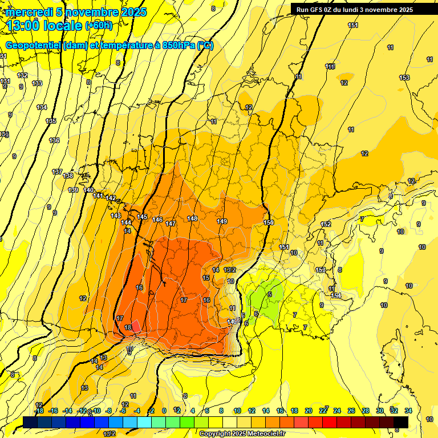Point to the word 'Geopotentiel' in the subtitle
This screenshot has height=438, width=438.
click(x=33, y=46)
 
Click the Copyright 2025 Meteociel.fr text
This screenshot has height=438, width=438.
click(x=242, y=433)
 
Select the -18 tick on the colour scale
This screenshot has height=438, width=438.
click(x=39, y=411)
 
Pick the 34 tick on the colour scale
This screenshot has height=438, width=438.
click(x=408, y=411)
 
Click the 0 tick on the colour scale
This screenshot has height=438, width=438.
click(x=164, y=411)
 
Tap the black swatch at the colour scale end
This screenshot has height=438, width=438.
click(x=400, y=422)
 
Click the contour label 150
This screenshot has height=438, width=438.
click(x=269, y=222)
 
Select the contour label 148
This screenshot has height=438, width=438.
click(x=192, y=218)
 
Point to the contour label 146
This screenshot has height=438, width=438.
click(x=157, y=220)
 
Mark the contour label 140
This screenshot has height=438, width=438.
click(x=88, y=190)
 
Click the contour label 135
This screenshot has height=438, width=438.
click(x=51, y=121)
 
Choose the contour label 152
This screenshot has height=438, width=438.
click(x=326, y=224)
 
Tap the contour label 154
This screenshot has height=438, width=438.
click(x=336, y=295)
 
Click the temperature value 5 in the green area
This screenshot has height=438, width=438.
click(x=269, y=294)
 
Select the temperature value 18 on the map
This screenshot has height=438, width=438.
click(x=128, y=327)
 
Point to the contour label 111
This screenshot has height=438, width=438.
click(x=330, y=67)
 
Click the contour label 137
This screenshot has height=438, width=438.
click(x=57, y=172)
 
